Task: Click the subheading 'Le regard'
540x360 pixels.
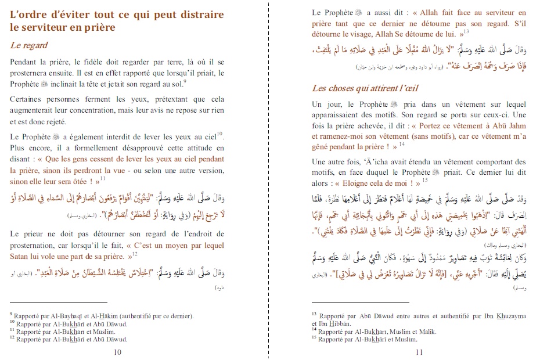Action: pos(29,45)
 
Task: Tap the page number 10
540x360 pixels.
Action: pos(117,352)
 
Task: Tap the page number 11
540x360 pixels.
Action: pos(419,352)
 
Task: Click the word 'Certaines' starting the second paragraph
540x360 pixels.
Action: pos(28,99)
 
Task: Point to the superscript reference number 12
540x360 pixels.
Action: pos(135,252)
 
